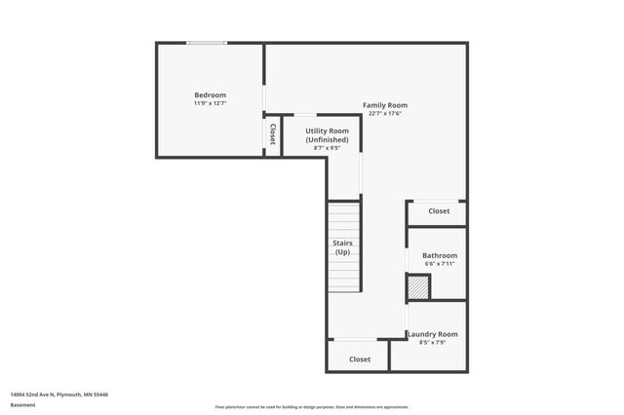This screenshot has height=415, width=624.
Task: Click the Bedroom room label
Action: (210, 94)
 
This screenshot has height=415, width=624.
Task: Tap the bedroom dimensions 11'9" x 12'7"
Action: (210, 103)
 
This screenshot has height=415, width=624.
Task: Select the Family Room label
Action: (384, 105)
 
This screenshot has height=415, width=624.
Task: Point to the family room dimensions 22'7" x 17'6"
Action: (384, 114)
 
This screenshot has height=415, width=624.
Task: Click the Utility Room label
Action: (327, 131)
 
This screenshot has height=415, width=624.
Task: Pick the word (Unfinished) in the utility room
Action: (327, 139)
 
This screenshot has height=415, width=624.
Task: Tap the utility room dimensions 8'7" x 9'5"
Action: (327, 148)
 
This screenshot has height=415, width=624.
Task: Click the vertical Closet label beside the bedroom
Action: (273, 134)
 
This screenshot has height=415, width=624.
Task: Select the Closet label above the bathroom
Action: (439, 211)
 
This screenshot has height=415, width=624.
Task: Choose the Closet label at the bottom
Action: (360, 359)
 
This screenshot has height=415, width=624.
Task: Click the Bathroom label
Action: (440, 255)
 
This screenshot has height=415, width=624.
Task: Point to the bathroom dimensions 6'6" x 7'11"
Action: (440, 264)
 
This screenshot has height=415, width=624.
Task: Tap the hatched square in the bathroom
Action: (418, 287)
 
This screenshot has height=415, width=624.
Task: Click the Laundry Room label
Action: (432, 334)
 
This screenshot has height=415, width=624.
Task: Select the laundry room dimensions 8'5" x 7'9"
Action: (432, 343)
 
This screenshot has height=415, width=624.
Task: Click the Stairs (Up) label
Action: (342, 247)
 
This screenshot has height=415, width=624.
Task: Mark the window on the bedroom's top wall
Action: (207, 43)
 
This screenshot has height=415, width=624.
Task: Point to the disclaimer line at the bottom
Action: (312, 407)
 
